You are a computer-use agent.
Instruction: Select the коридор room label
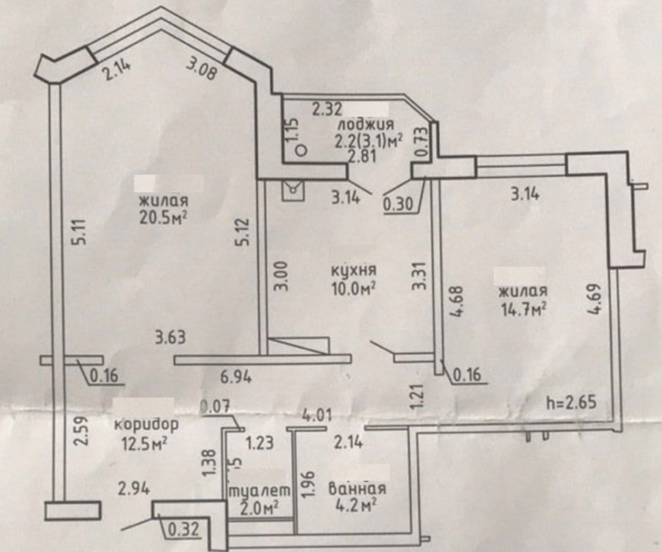pyautogui.click(x=146, y=424)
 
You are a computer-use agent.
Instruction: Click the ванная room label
pyautogui.click(x=357, y=489)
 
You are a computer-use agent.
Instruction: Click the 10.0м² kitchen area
pyautogui.click(x=354, y=289)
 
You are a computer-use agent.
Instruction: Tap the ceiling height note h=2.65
pyautogui.click(x=572, y=402)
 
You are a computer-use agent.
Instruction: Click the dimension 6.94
pyautogui.click(x=237, y=377)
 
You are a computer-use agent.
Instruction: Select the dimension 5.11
pyautogui.click(x=81, y=231)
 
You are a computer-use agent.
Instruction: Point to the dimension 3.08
pyautogui.click(x=202, y=70)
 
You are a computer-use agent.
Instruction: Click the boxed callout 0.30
pyautogui.click(x=397, y=204)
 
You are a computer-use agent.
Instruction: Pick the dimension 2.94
pyautogui.click(x=134, y=489)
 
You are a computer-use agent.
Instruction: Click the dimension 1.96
pyautogui.click(x=309, y=483)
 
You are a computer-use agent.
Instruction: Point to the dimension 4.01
pyautogui.click(x=318, y=415)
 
